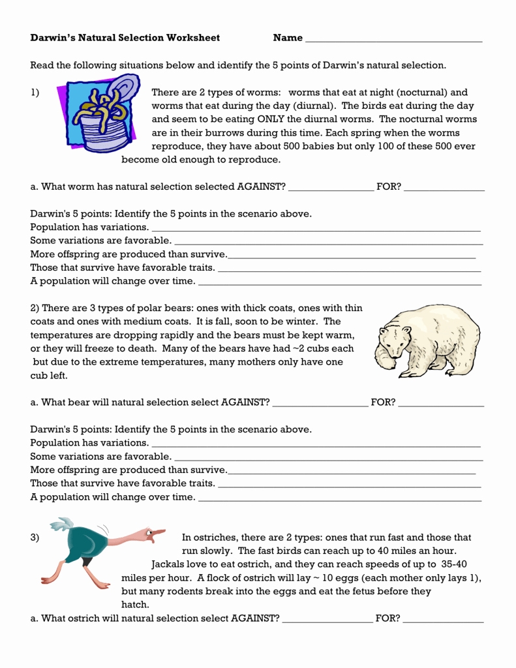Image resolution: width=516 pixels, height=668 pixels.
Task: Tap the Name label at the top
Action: click(288, 38)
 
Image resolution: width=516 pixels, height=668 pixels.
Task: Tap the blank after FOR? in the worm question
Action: click(444, 189)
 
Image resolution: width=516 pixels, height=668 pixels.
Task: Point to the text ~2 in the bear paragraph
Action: click(299, 348)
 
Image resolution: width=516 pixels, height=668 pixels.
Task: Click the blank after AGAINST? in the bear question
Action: click(320, 404)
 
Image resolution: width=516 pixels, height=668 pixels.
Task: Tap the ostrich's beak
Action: click(159, 534)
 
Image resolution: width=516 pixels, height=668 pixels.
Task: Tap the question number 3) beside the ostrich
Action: click(35, 538)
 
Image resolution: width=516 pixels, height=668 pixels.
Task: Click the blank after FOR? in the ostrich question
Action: click(444, 620)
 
